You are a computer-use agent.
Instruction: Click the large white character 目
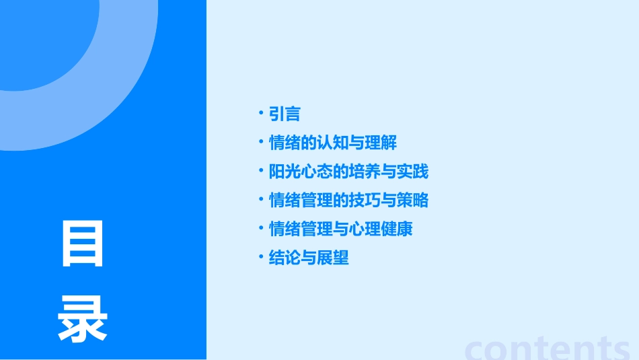83,244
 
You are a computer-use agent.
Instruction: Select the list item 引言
285,114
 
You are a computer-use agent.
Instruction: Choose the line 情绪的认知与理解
333,143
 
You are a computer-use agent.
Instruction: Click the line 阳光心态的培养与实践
348,172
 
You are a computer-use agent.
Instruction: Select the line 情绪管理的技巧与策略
348,201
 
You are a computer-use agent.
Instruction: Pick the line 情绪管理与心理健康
340,229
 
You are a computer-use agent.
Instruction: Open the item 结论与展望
309,258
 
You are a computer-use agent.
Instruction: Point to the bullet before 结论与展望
261,257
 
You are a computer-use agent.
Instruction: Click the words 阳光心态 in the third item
301,172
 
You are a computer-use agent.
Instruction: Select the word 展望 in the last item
333,258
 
